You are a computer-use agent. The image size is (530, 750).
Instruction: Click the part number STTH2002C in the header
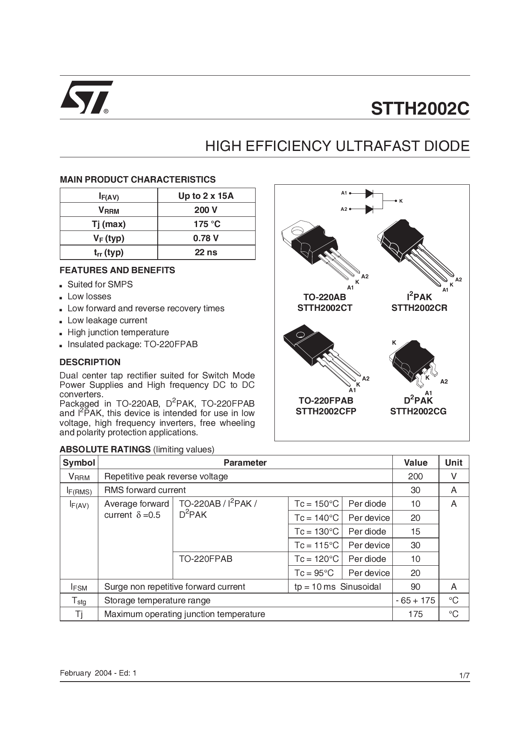(x=420, y=108)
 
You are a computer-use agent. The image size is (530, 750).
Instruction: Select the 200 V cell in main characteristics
(x=206, y=210)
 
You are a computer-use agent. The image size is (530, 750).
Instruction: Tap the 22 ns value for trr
(x=206, y=252)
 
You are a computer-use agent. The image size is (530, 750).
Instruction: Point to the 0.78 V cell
(x=206, y=238)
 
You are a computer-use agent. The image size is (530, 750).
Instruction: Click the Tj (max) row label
(x=109, y=224)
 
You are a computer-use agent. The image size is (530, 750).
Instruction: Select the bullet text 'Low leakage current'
(x=107, y=320)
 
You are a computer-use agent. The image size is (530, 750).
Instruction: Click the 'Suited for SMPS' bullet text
(x=100, y=284)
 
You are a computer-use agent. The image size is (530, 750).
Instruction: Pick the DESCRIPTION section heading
(x=90, y=362)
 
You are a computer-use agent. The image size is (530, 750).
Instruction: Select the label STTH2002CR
(x=419, y=308)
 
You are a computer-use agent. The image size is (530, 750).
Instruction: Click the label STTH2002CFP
(x=326, y=411)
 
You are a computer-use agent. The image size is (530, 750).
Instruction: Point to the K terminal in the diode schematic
(x=400, y=201)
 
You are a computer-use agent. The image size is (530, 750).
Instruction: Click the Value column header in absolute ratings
(x=415, y=463)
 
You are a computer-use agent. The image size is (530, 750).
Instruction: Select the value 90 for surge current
(x=415, y=587)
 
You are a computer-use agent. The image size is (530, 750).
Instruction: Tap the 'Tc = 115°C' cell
(x=316, y=545)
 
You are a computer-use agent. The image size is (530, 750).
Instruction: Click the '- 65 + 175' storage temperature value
(x=415, y=600)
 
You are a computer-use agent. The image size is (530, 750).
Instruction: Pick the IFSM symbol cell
(x=79, y=587)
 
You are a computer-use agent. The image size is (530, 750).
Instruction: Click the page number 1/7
(x=464, y=676)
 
